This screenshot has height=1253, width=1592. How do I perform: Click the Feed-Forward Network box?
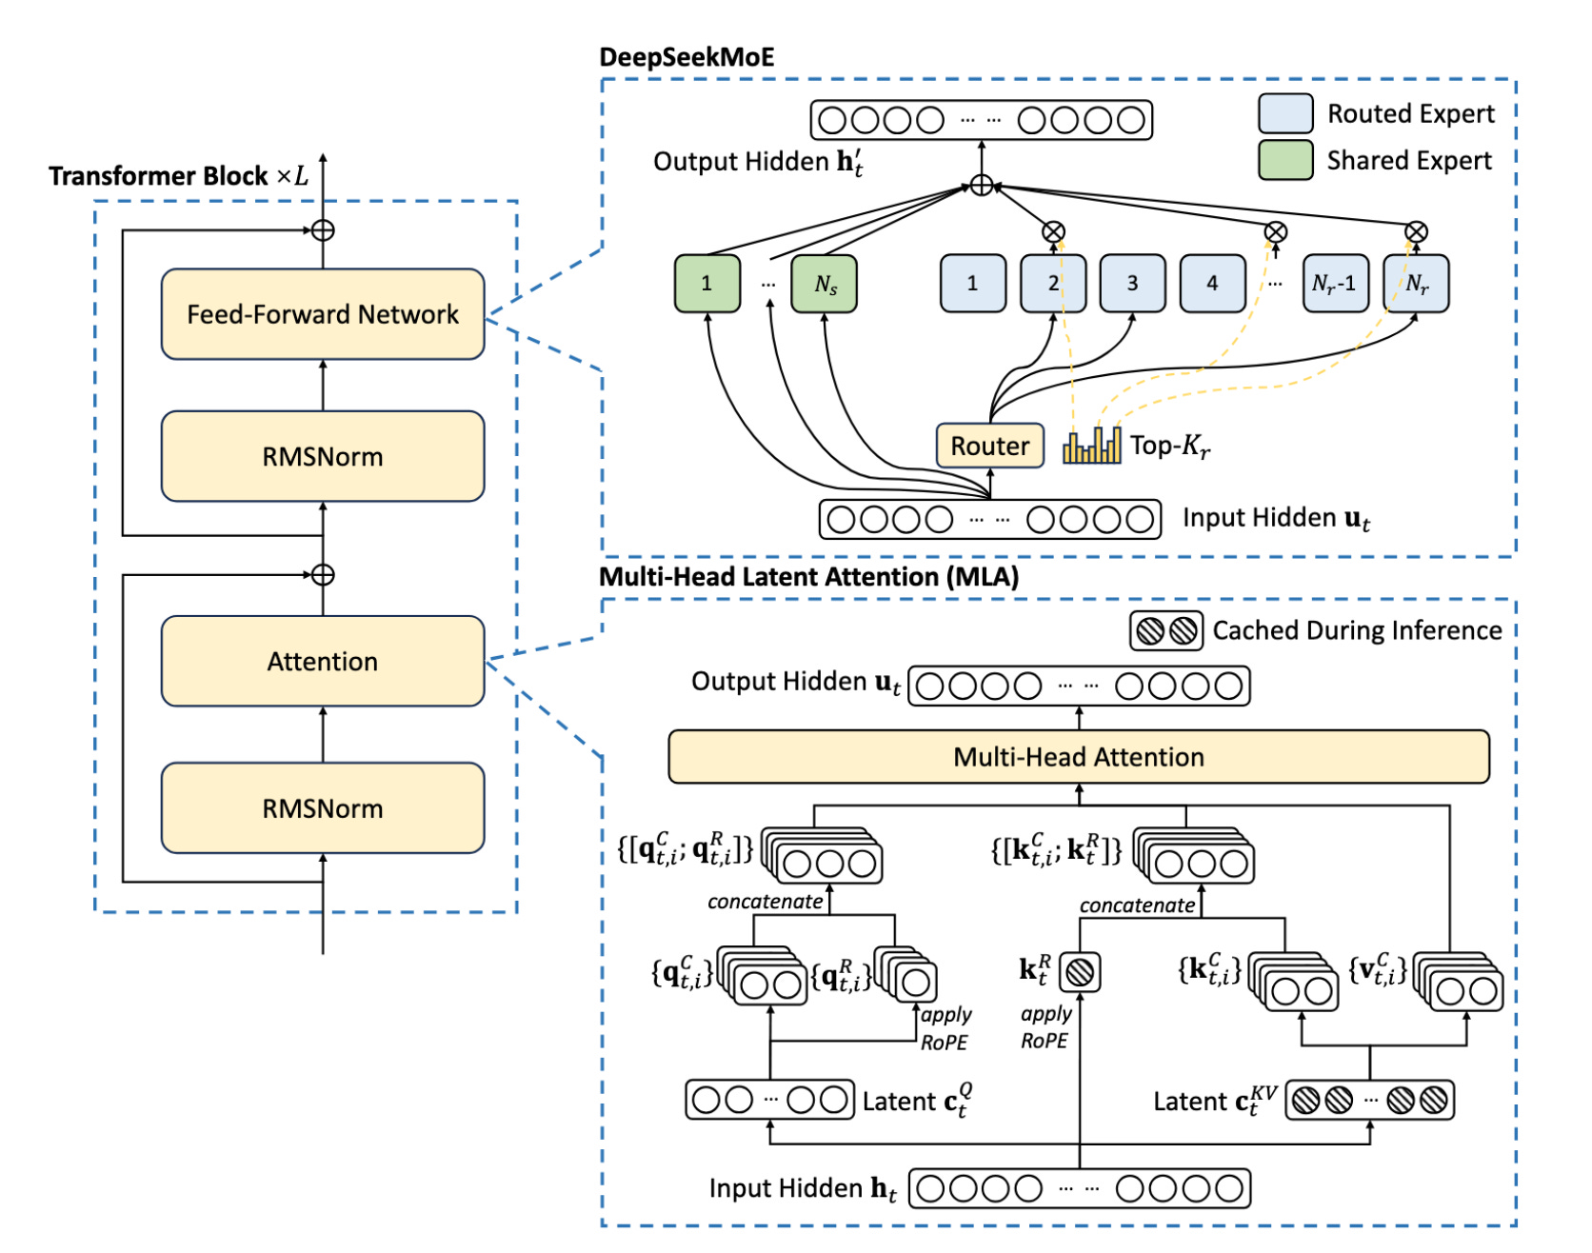pos(323,314)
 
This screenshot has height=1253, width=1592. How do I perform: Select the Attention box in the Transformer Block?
pos(323,661)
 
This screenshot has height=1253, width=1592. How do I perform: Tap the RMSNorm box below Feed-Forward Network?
pos(323,456)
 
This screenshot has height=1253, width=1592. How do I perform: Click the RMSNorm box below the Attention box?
pos(323,807)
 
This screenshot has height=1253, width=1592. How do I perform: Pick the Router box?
pos(989,446)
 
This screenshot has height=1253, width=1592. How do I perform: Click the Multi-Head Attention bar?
pos(1079,757)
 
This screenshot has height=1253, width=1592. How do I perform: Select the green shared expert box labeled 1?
pos(706,283)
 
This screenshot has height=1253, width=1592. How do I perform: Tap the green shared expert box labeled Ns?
pos(825,283)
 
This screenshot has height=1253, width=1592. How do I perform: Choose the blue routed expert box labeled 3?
pos(1132,283)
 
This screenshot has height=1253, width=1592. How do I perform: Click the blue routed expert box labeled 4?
pos(1212,283)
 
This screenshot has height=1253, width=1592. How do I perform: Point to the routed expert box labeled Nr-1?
pos(1334,283)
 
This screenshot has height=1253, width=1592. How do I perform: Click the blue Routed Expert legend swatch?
pos(1285,113)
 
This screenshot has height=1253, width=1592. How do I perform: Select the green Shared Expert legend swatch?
pos(1285,160)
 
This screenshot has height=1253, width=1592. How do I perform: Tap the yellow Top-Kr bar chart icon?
pos(1091,446)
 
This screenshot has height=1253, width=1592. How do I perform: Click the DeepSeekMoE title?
pos(687,57)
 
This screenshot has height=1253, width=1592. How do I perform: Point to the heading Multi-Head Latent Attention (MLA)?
pos(808,577)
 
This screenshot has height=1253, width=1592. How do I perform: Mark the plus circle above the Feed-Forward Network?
pos(323,230)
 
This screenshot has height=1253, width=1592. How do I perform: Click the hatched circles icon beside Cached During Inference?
pos(1166,630)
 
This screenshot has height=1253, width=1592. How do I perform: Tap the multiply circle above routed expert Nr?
pos(1416,231)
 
